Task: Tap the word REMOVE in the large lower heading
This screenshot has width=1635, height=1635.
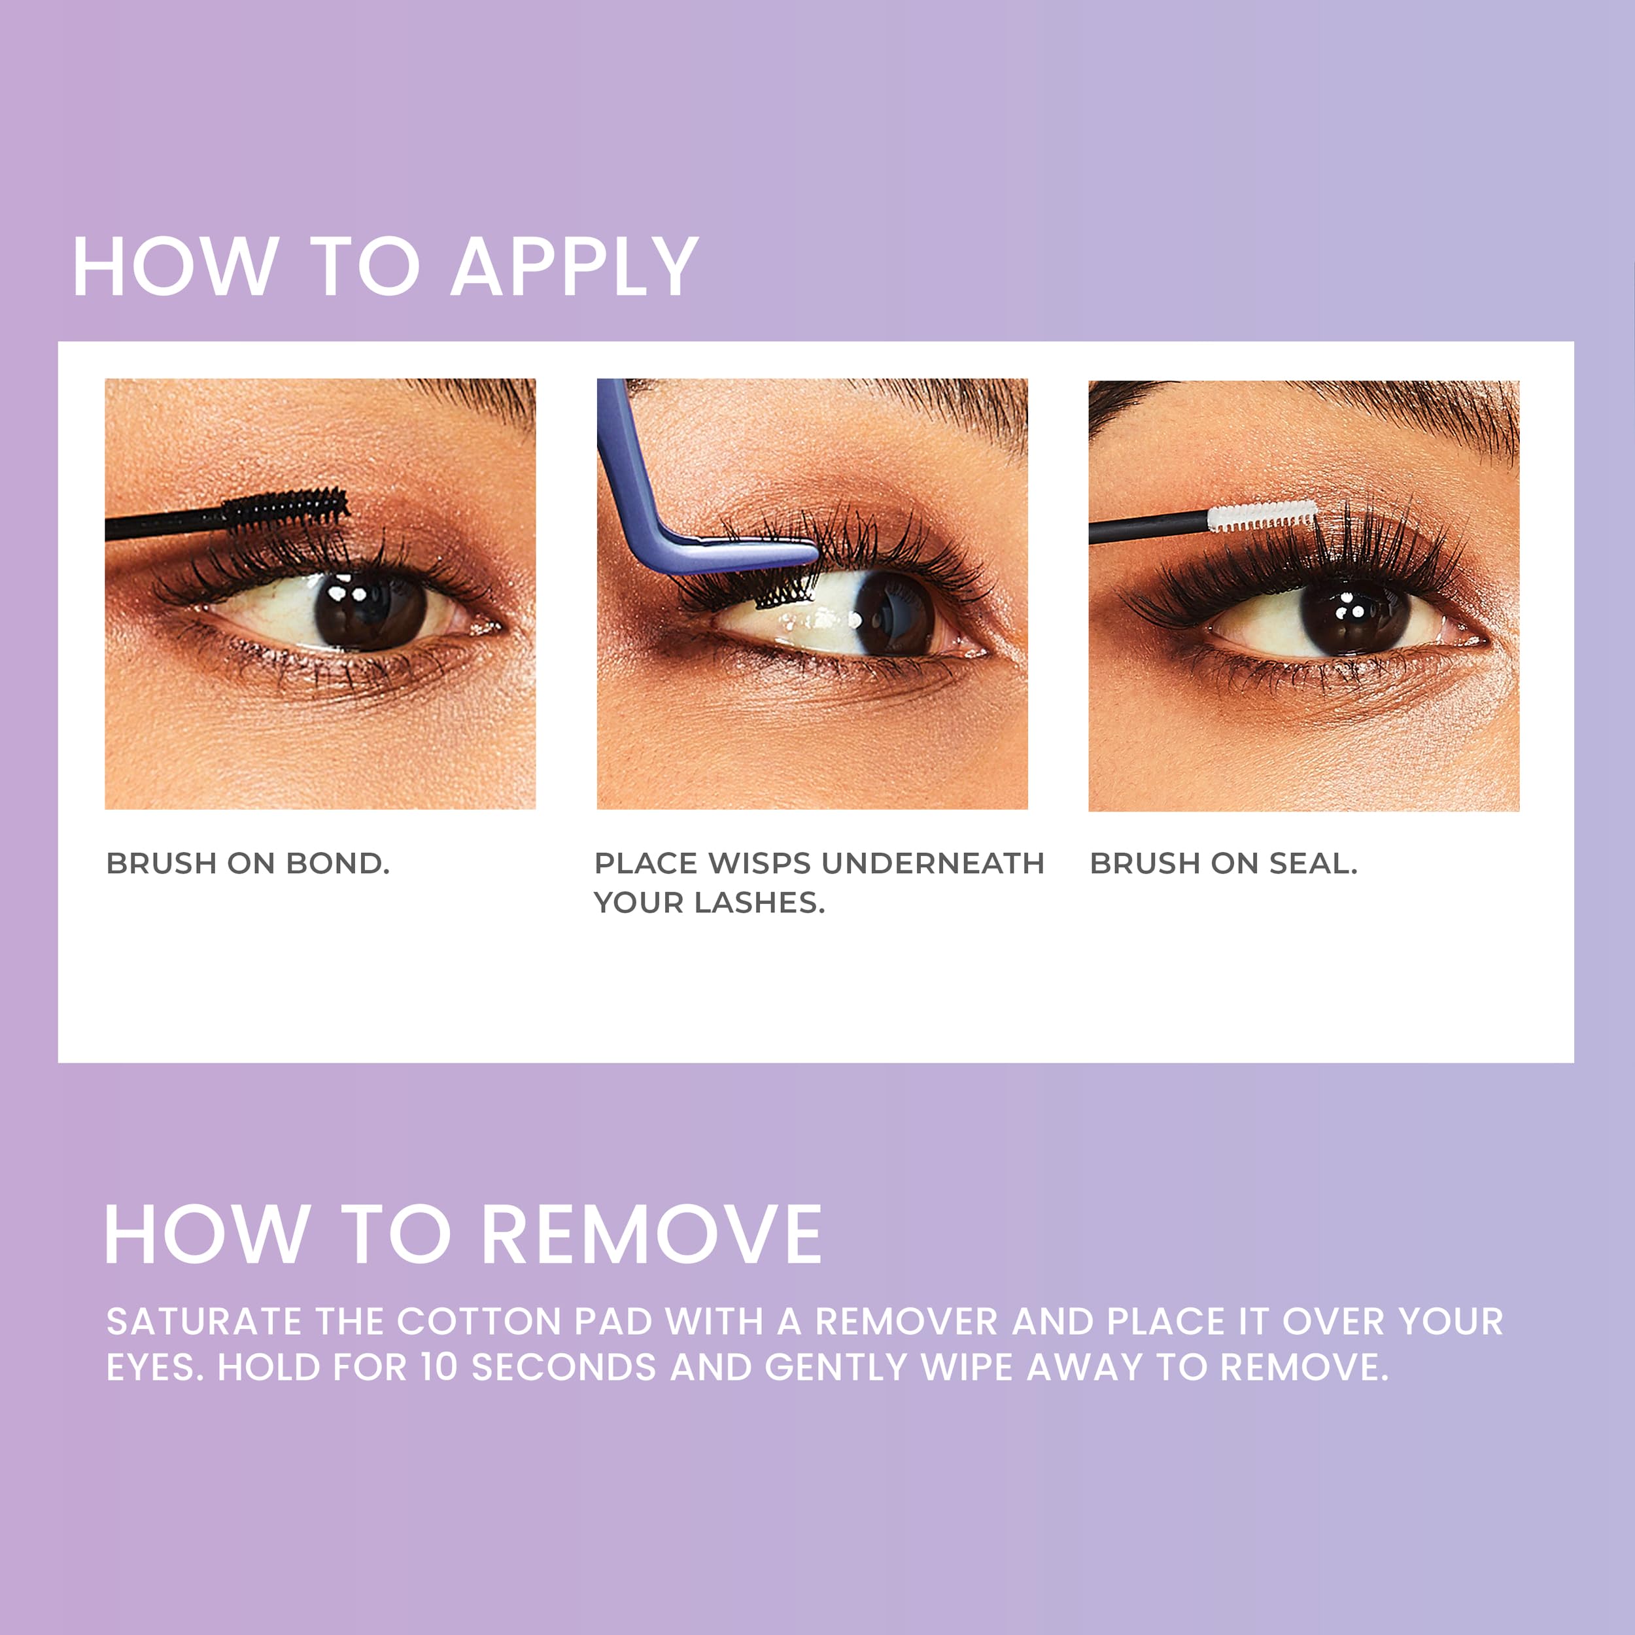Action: [651, 1235]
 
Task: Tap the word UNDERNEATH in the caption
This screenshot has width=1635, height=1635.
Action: [933, 864]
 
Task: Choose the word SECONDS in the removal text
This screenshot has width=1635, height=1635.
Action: [563, 1368]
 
